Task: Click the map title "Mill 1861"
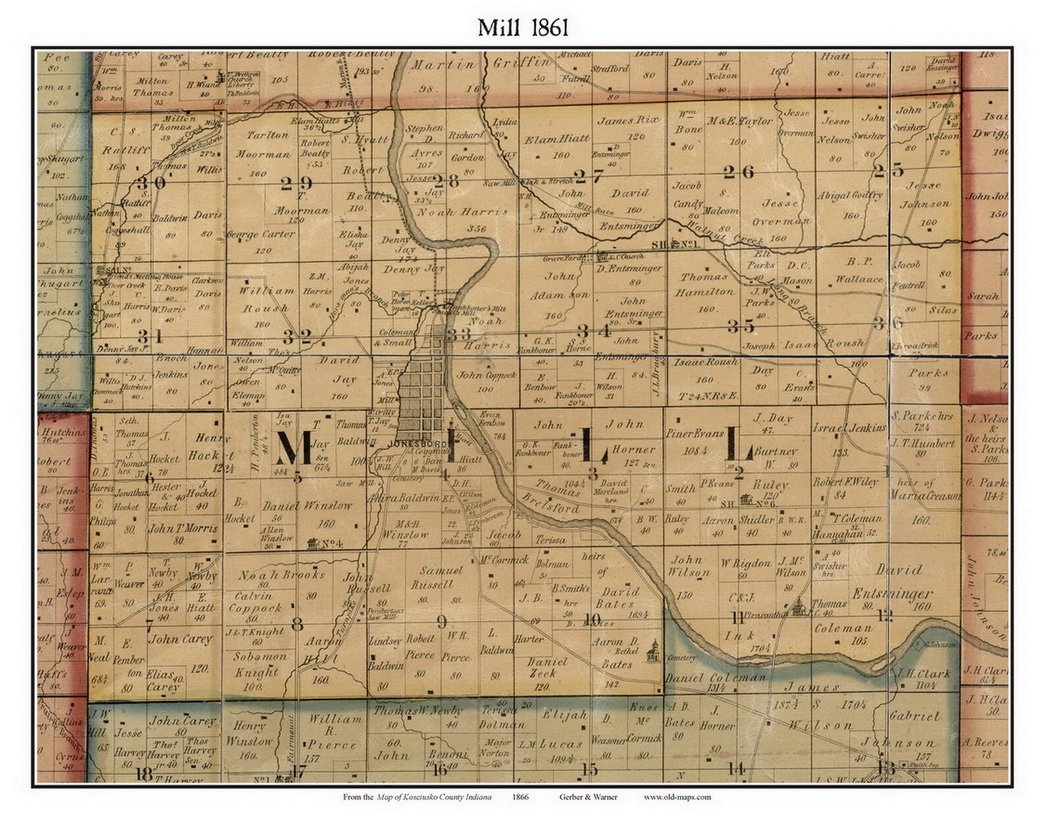click(522, 27)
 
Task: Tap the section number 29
click(296, 184)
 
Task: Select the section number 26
click(738, 172)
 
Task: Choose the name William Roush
click(267, 299)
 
